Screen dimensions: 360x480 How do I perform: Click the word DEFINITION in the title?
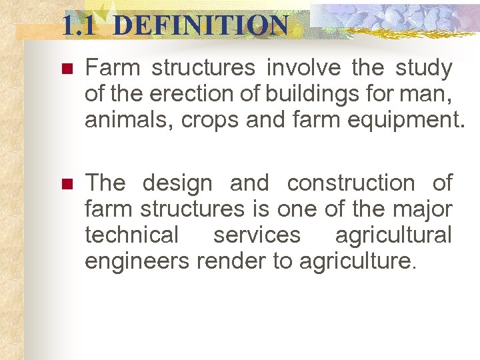coord(201,26)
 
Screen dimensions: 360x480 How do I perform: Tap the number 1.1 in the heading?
coord(80,26)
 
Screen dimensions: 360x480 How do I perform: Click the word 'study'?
coord(423,68)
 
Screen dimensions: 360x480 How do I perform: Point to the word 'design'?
coord(177,183)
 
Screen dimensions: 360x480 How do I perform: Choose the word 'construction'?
coord(350,183)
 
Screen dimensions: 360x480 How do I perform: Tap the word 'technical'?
coord(132,235)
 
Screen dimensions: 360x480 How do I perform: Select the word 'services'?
coord(257,235)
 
